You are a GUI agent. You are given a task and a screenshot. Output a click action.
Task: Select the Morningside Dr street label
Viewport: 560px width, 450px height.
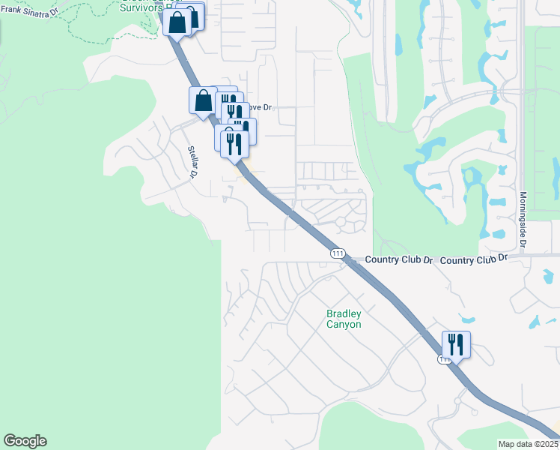[x=523, y=220]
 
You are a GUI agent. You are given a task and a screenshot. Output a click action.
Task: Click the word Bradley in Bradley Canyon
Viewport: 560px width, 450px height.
[x=344, y=313]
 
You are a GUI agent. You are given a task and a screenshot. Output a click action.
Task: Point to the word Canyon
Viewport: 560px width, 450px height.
[x=344, y=325]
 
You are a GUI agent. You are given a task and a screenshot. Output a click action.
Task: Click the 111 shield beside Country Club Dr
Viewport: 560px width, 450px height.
[x=338, y=254]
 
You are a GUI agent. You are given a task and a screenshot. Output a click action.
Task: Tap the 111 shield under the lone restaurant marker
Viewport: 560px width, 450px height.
[x=445, y=360]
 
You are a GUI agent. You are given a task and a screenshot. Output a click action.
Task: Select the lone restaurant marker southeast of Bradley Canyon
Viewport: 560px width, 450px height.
[x=456, y=345]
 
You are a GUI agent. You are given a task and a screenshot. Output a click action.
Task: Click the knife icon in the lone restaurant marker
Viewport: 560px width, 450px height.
[x=460, y=344]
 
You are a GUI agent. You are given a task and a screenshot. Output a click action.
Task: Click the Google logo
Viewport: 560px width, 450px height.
[x=25, y=441]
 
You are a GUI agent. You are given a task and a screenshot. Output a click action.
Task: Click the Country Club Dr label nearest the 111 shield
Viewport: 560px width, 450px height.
[x=399, y=259]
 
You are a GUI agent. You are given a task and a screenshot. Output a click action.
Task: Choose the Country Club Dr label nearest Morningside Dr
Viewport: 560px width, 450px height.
[x=474, y=259]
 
